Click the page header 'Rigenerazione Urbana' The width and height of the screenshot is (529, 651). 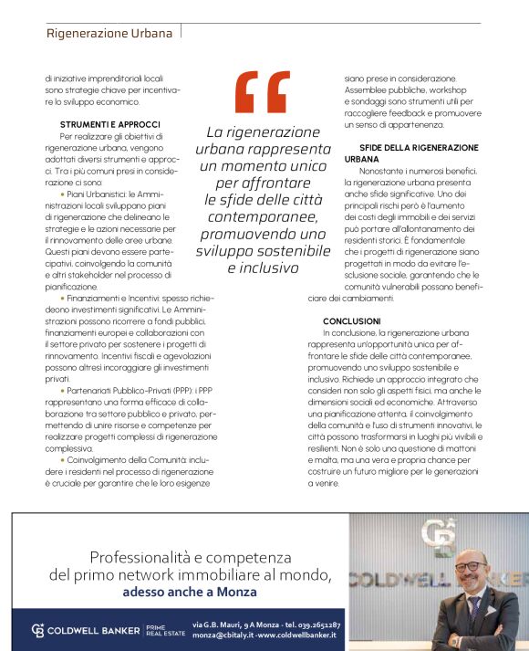point(109,34)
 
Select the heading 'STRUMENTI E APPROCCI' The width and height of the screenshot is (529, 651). point(110,123)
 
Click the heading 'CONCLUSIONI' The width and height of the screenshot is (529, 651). point(352,320)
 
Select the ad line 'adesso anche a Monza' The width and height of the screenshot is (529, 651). point(190,590)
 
